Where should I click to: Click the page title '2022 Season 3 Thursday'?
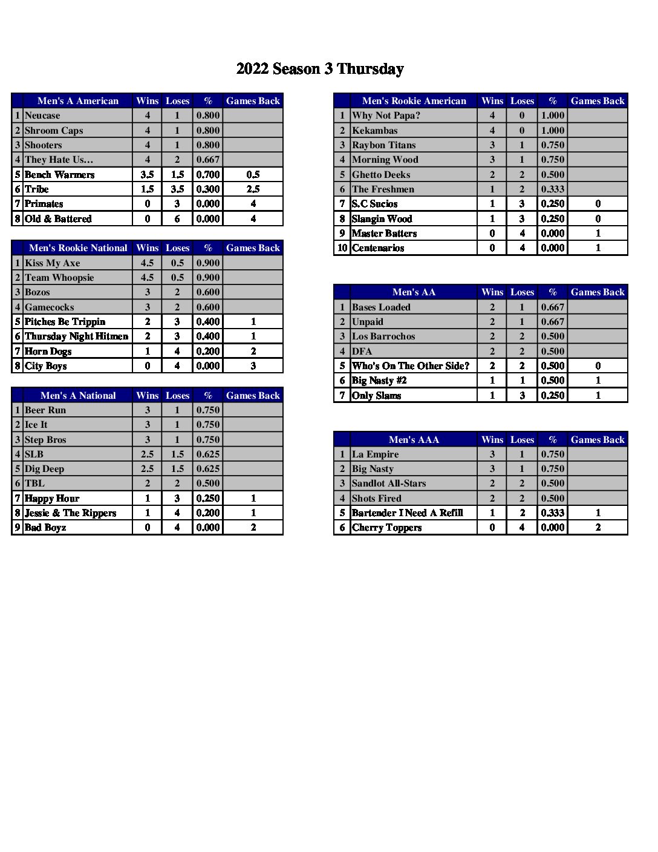[320, 69]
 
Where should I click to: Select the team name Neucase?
[42, 116]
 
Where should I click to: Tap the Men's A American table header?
[78, 101]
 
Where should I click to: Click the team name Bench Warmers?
[59, 175]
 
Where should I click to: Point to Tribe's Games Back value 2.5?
[253, 189]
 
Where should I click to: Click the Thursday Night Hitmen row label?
[76, 336]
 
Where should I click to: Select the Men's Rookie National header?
[78, 248]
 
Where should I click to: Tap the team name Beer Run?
[45, 410]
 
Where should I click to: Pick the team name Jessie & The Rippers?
[70, 513]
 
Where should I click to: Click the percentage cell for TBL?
[208, 483]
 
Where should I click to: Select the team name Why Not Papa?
[386, 116]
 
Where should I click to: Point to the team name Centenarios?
[378, 248]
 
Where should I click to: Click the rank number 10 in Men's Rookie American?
[342, 248]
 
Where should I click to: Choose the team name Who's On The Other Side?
[411, 366]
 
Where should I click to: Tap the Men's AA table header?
[414, 292]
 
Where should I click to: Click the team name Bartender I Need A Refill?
[408, 513]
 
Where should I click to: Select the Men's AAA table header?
[414, 440]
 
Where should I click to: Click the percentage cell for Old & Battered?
[208, 219]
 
